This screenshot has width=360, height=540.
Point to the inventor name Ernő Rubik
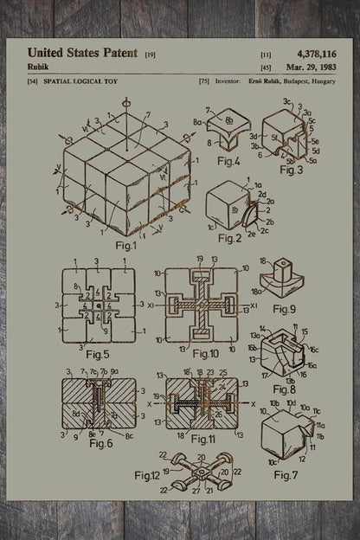click(258, 80)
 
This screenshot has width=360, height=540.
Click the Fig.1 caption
click(126, 245)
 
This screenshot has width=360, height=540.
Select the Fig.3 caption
click(293, 170)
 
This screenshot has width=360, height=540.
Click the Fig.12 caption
click(150, 475)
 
